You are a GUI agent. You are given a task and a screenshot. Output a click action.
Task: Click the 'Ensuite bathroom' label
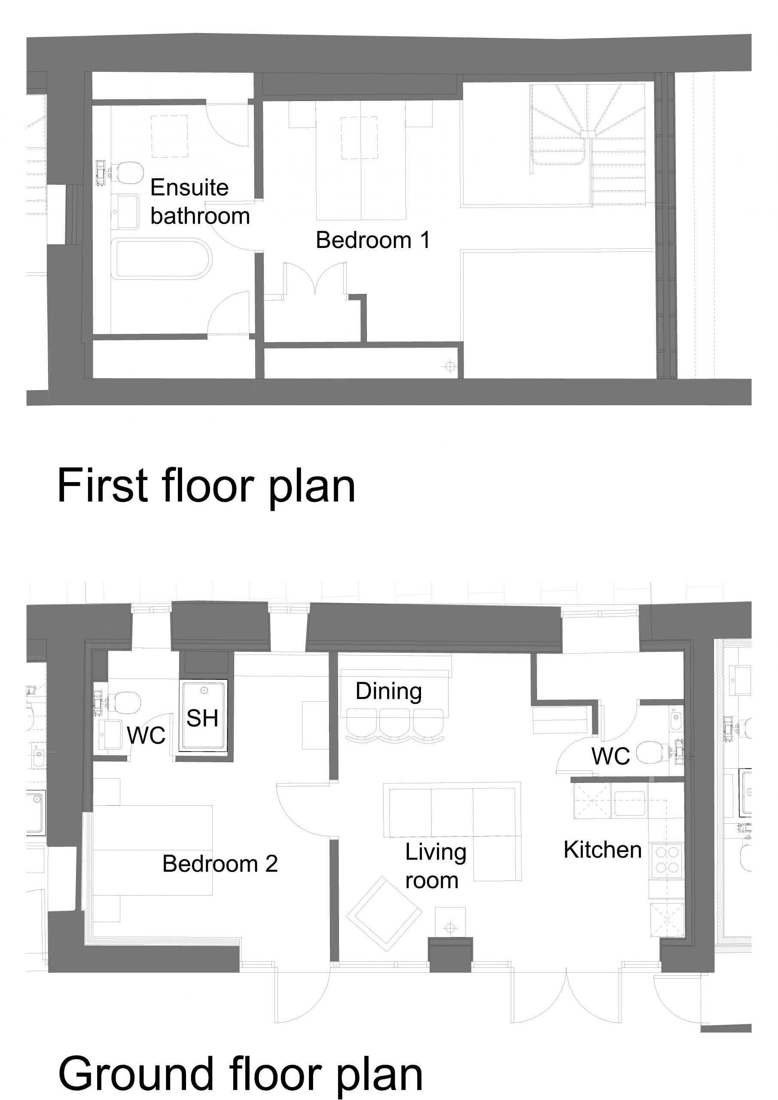pyautogui.click(x=200, y=202)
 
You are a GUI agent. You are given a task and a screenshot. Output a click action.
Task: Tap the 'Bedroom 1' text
pyautogui.click(x=373, y=240)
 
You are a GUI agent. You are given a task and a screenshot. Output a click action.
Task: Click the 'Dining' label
pyautogui.click(x=388, y=691)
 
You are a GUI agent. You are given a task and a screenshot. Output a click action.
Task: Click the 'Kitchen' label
pyautogui.click(x=603, y=849)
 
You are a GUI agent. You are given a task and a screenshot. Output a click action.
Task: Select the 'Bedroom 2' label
pyautogui.click(x=220, y=864)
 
